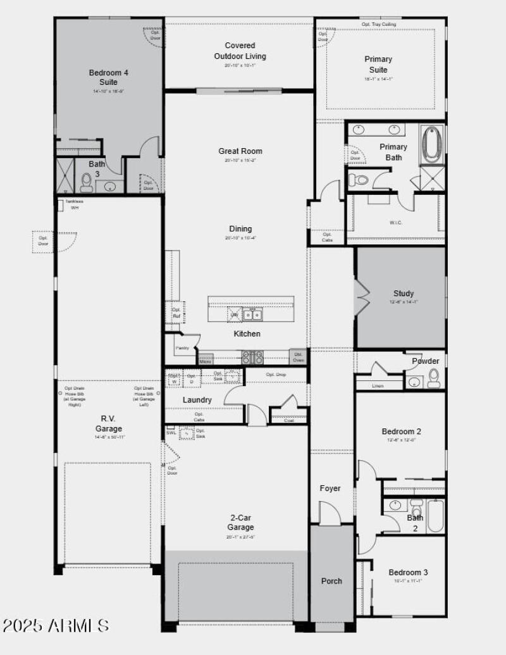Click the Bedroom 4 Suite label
coord(108,77)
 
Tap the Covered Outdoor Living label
coord(240,51)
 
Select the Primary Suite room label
coord(378,64)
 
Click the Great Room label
coord(240,151)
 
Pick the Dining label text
coord(240,229)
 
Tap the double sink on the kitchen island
coord(253,315)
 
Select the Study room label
coord(404,294)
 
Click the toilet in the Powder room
coord(434,379)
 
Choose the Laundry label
coord(197,400)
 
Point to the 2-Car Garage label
coord(240,522)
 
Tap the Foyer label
coord(330,488)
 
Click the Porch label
coord(331,581)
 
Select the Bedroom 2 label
coord(401,432)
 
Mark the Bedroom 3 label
coord(408,573)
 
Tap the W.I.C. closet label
coord(396,222)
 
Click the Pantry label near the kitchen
coord(182,347)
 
